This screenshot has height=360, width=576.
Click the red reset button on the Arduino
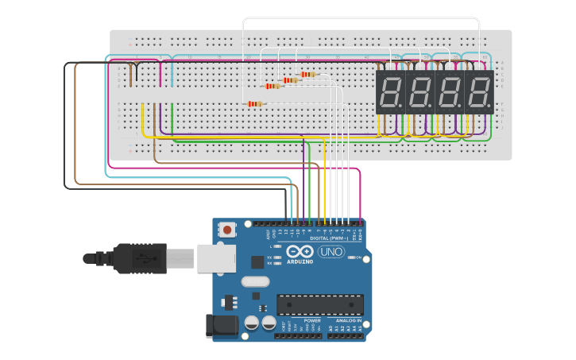coord(228,230)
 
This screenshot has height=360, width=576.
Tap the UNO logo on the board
coord(331,252)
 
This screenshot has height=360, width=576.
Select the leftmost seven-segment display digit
coord(390,92)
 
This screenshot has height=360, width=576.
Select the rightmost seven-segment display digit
coord(479,92)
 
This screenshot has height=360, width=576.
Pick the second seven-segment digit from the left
coord(419,92)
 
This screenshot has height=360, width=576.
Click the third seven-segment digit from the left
coord(450,92)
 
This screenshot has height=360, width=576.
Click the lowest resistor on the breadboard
coord(254,103)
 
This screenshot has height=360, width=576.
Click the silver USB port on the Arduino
coord(217,258)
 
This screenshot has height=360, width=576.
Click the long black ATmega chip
coord(319,304)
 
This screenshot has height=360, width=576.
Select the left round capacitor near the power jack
coord(252,323)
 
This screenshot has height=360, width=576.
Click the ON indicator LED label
coord(360,258)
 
